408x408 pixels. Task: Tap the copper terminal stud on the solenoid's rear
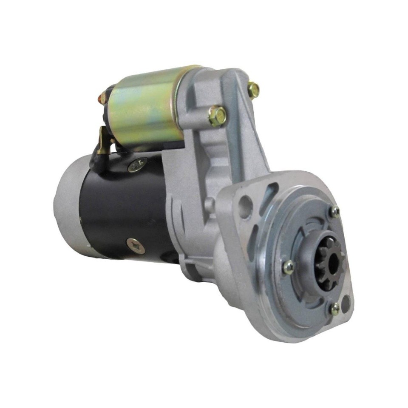(102, 98)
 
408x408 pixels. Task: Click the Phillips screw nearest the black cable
(137, 164)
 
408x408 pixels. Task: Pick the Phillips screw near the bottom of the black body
(135, 246)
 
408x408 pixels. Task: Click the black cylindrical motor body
(123, 208)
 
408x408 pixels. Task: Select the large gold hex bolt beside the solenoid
(217, 116)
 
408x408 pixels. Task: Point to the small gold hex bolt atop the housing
(254, 90)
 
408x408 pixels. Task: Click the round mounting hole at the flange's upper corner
(245, 207)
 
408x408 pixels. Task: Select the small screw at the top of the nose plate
(335, 211)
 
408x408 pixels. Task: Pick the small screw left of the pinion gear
(289, 267)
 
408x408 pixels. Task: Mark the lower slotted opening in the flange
(254, 238)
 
